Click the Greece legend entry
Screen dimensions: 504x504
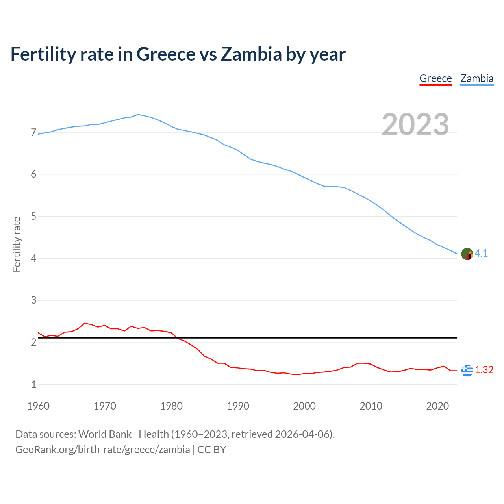point(435,78)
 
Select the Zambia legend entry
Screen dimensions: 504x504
point(477,78)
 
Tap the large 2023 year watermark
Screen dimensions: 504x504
point(415,124)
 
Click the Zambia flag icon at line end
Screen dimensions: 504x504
point(467,254)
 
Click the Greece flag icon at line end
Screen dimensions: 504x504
point(467,370)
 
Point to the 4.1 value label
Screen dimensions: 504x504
point(481,254)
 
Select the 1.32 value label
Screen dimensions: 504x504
point(484,370)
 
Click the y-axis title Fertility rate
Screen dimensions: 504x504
point(17,244)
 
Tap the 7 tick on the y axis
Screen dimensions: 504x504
point(33,132)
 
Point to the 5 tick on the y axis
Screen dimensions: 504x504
point(33,216)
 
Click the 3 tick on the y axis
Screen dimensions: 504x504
point(33,300)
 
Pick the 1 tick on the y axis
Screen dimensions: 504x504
point(33,384)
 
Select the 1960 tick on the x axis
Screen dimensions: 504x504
point(38,406)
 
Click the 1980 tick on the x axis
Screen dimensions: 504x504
point(171,406)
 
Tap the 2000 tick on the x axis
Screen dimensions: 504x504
point(304,406)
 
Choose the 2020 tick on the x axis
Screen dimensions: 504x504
point(437,406)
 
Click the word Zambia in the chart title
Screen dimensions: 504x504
point(251,54)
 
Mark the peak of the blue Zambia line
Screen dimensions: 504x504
point(137,114)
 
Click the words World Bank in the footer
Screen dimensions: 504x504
point(105,434)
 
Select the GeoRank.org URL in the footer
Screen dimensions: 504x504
point(103,450)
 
